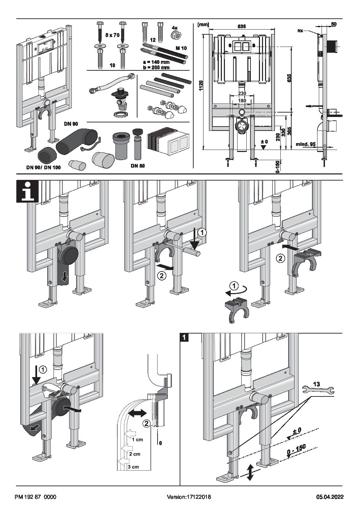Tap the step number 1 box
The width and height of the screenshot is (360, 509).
[x=184, y=338]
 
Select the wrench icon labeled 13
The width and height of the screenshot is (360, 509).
[x=317, y=390]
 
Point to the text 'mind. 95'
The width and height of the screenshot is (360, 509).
[x=305, y=144]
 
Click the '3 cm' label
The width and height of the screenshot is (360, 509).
[x=133, y=466]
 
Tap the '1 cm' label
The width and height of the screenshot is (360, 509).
[x=137, y=439]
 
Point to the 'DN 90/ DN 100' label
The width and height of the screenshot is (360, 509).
[x=44, y=167]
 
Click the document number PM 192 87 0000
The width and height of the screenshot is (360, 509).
[x=35, y=497]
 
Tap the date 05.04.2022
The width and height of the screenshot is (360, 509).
[x=330, y=497]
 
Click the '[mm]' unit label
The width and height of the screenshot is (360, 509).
[x=203, y=24]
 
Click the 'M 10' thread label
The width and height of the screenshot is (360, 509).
[x=181, y=48]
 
